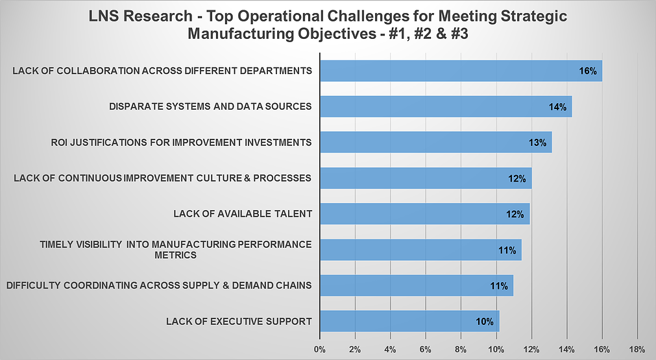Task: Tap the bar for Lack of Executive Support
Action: click(x=409, y=321)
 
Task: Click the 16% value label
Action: click(x=588, y=71)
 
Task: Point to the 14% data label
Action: click(x=557, y=106)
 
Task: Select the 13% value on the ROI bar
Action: click(x=537, y=142)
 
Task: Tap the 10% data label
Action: click(x=485, y=321)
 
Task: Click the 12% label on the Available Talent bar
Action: click(x=515, y=214)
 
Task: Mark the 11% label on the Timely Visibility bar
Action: click(x=507, y=250)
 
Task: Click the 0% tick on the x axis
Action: click(x=320, y=350)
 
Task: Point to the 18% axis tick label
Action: click(x=637, y=350)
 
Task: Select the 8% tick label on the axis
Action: click(x=461, y=350)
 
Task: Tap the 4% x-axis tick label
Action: click(x=390, y=350)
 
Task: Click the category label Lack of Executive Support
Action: click(x=239, y=321)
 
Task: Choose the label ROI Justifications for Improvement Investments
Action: click(x=181, y=142)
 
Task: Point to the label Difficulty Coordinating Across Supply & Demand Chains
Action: click(x=159, y=285)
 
